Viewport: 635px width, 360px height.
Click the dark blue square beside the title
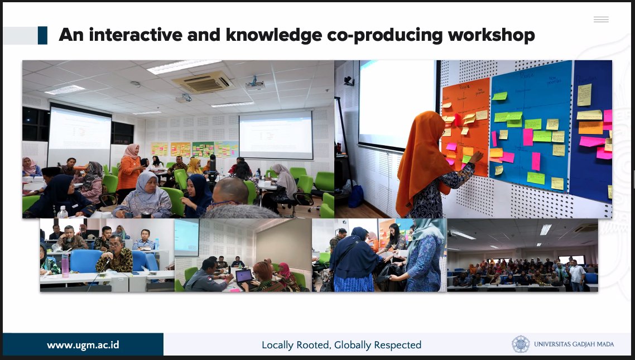42,35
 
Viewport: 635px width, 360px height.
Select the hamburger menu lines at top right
601,20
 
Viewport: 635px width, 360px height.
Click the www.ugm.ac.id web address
83,344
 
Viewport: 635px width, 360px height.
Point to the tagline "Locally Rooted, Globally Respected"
341,345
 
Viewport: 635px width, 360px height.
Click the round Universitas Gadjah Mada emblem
521,344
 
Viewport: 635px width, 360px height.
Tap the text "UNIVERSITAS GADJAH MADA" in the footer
574,344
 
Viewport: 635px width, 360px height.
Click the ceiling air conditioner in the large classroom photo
204,82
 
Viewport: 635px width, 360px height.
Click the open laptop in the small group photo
244,276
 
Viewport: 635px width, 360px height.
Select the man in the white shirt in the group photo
577,274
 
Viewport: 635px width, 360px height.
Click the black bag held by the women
386,273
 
